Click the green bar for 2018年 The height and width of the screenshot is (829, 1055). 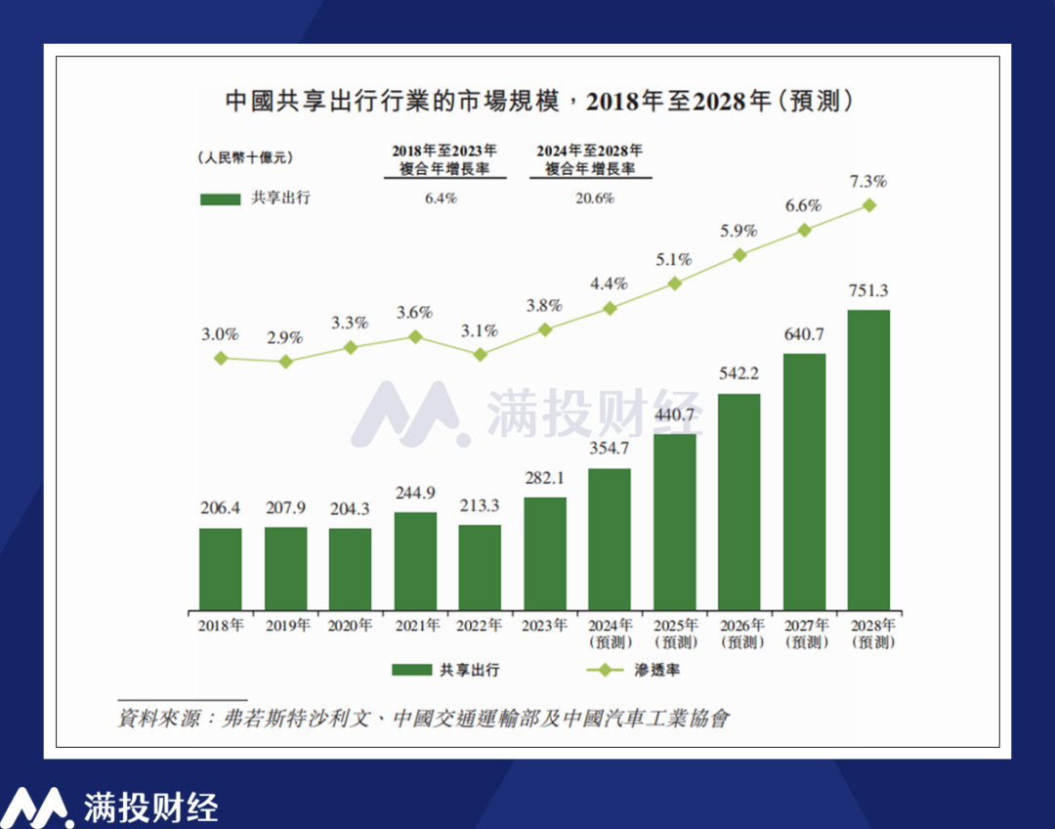click(x=221, y=569)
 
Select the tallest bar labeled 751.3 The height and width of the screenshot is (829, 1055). click(x=868, y=459)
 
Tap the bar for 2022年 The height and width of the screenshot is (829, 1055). click(x=480, y=567)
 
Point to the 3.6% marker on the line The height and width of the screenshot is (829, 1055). click(x=415, y=336)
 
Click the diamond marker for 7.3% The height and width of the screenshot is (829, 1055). click(x=868, y=205)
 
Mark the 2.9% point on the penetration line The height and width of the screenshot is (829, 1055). click(x=285, y=362)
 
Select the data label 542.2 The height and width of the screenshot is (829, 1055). click(x=738, y=373)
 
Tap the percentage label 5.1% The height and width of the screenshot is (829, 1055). click(x=674, y=260)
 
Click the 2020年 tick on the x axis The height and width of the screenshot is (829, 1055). click(x=350, y=626)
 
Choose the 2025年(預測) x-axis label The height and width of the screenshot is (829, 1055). click(x=674, y=633)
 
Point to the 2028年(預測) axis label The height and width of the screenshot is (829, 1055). click(x=868, y=633)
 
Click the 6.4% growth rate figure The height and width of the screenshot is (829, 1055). click(x=443, y=197)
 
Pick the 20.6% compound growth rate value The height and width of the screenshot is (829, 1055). click(x=590, y=197)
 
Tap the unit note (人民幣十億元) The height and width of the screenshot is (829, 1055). click(x=243, y=157)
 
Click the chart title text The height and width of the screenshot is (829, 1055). click(x=527, y=101)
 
